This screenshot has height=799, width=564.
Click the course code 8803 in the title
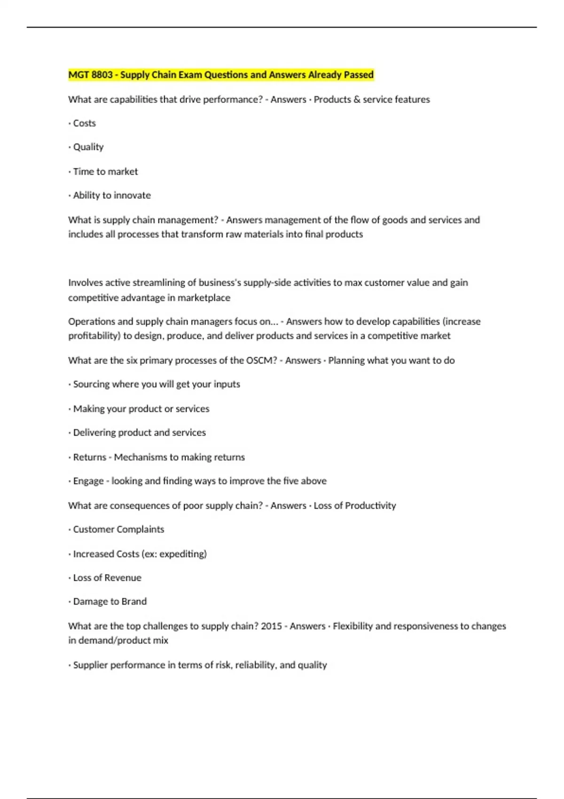pyautogui.click(x=102, y=75)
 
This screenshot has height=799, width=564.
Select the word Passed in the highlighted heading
pyautogui.click(x=359, y=75)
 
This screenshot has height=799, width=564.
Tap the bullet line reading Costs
pyautogui.click(x=84, y=123)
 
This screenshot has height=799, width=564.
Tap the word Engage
pyautogui.click(x=88, y=481)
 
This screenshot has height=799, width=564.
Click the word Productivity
pyautogui.click(x=370, y=506)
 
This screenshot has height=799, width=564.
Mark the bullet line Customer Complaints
pyautogui.click(x=118, y=530)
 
